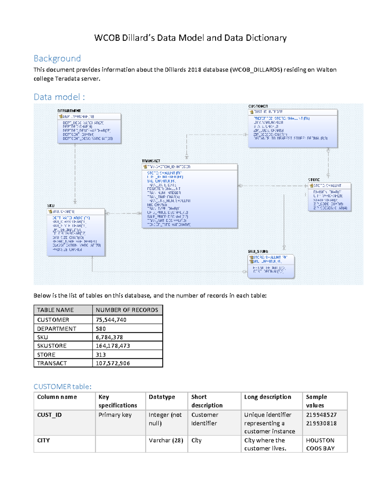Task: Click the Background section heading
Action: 57,58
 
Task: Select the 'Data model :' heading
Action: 59,97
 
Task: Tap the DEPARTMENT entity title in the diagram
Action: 69,111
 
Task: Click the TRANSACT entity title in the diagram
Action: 151,161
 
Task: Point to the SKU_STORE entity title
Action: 258,251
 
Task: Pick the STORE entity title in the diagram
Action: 314,180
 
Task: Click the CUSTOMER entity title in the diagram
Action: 258,106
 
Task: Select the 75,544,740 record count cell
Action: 111,320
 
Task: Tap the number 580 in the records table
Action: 101,329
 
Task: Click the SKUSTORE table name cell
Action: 52,346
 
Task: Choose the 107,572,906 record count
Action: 113,363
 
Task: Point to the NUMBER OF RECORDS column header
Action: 127,310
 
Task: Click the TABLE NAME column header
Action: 55,310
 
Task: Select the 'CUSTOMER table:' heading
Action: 63,386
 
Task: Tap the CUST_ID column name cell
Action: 50,415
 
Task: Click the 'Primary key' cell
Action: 115,415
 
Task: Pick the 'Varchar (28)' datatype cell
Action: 166,440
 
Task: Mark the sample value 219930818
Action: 321,423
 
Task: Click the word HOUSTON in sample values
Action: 320,440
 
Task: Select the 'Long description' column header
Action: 268,397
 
